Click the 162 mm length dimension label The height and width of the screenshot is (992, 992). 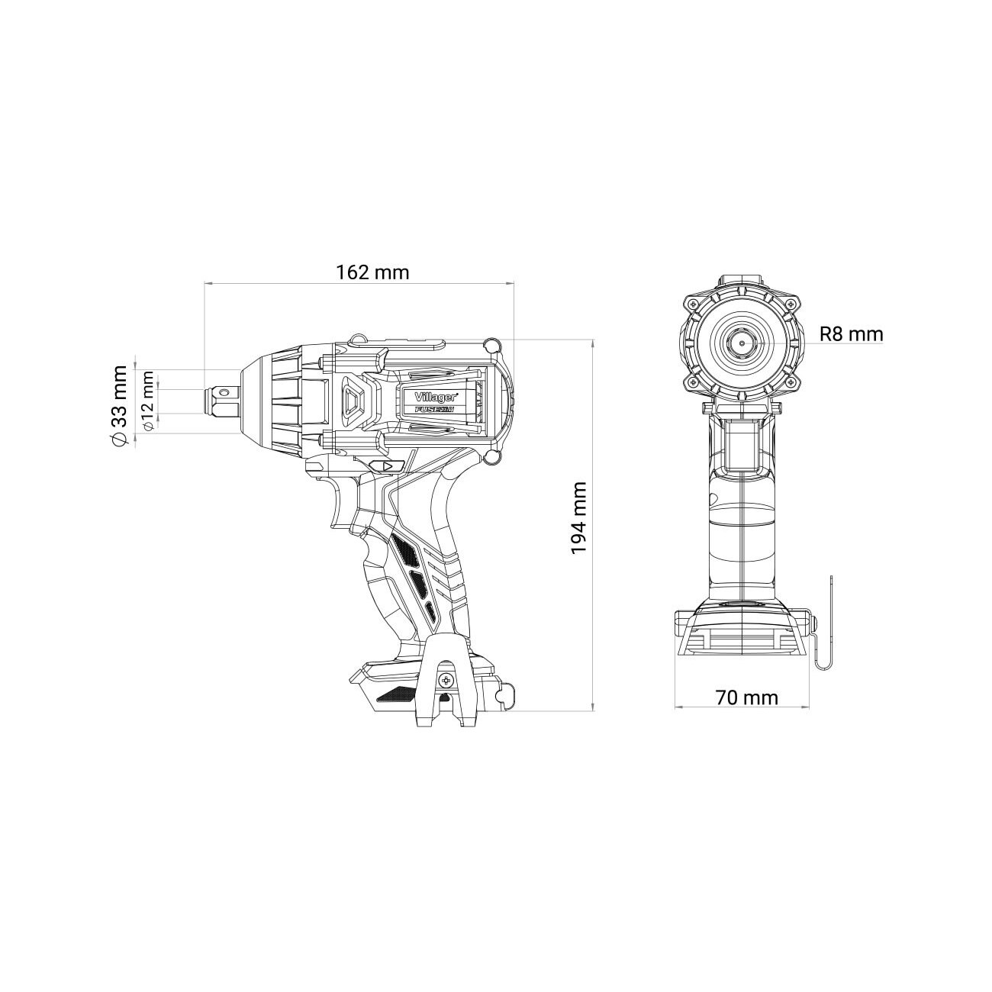click(x=372, y=272)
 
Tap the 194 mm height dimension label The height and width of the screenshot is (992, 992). click(x=579, y=517)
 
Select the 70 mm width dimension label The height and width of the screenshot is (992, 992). click(x=746, y=697)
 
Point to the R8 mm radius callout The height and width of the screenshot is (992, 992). click(x=851, y=334)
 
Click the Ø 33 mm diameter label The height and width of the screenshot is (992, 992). click(x=120, y=405)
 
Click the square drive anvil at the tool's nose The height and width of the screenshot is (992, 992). click(x=222, y=404)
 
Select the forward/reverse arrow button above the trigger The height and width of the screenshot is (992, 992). click(x=387, y=467)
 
